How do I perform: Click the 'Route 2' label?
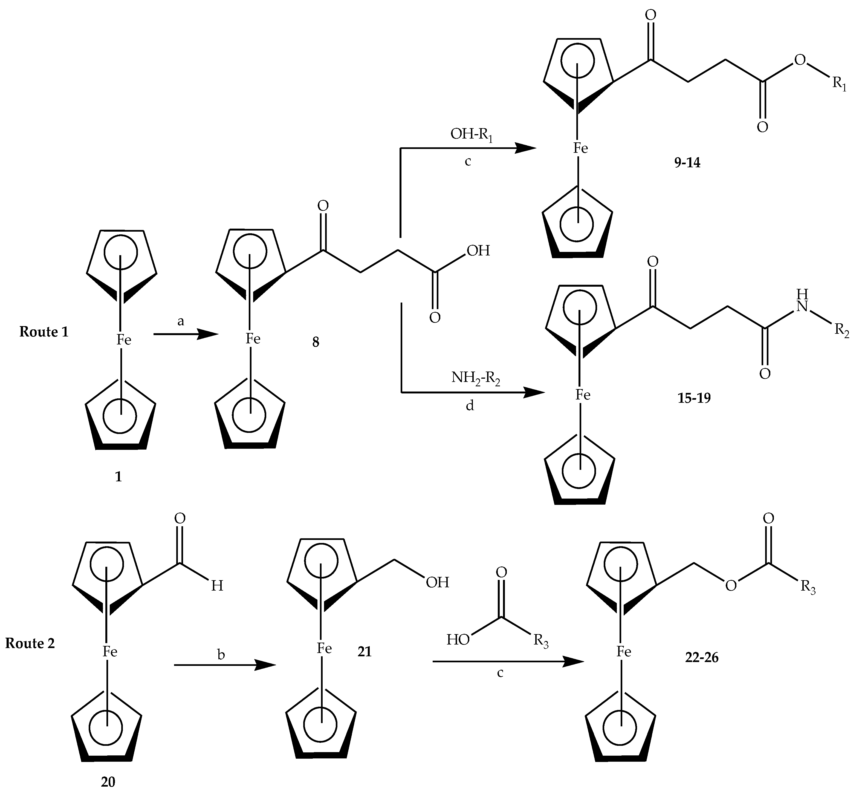(30, 643)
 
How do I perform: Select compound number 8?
(316, 343)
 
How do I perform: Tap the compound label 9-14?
(687, 163)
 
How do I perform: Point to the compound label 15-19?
(694, 398)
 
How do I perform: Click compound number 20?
(108, 782)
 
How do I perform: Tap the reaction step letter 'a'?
(181, 321)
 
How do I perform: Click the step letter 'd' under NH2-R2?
(470, 405)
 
